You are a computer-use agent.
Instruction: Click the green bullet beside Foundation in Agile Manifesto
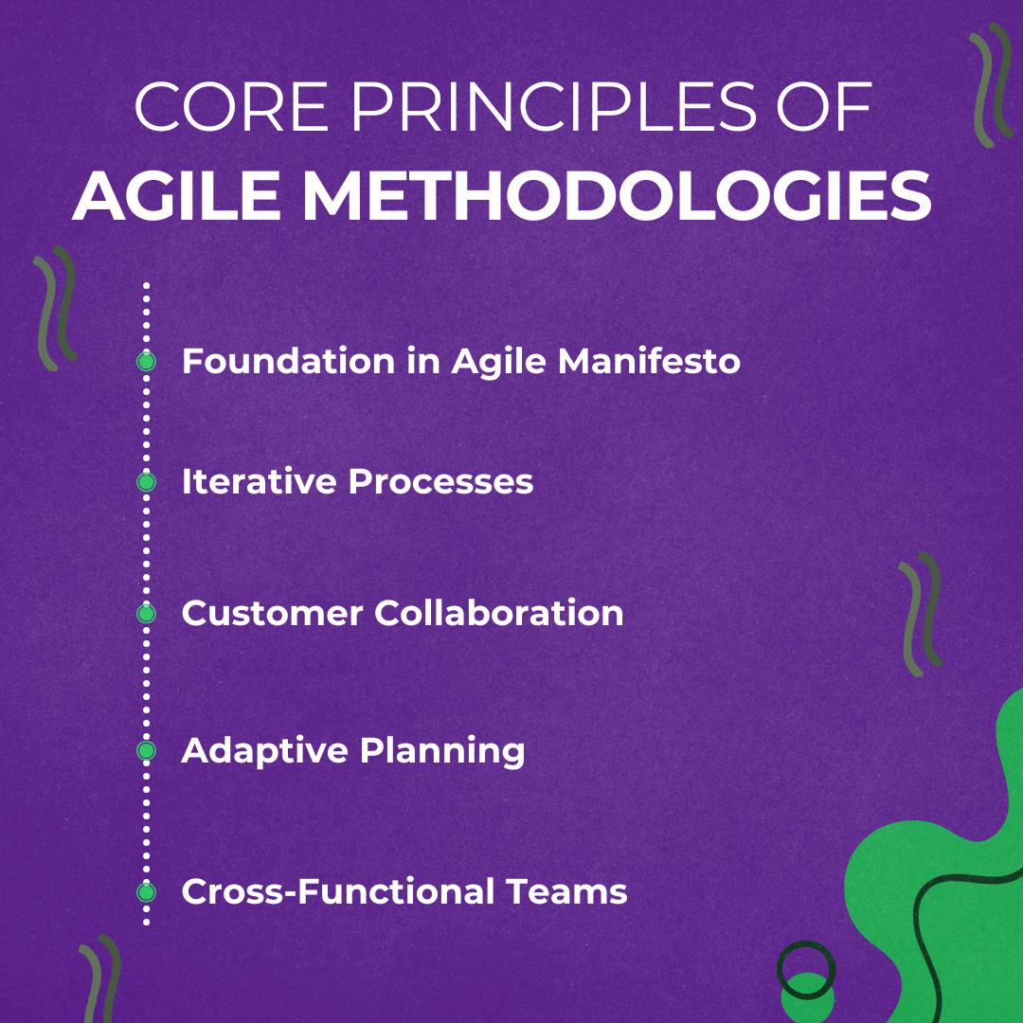[146, 361]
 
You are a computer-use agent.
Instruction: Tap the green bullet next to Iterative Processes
[146, 482]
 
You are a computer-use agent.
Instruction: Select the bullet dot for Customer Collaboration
[146, 613]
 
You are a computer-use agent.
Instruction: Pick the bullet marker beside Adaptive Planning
[146, 751]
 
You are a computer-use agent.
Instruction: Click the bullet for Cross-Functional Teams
[146, 891]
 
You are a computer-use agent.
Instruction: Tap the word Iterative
[259, 482]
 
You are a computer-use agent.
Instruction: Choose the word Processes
[440, 482]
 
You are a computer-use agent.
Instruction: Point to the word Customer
[272, 613]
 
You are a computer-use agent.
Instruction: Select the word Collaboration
[499, 613]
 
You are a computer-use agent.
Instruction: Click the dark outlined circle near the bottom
[806, 970]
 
